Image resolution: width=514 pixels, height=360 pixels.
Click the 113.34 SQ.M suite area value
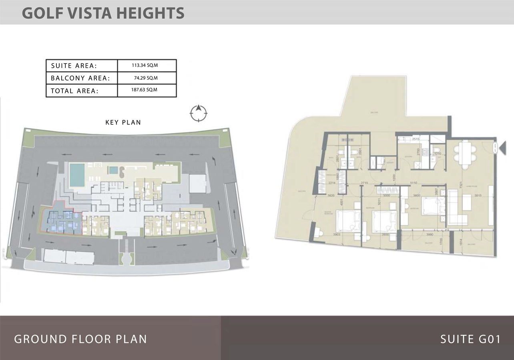click(x=147, y=65)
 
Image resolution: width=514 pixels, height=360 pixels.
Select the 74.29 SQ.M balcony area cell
click(x=147, y=78)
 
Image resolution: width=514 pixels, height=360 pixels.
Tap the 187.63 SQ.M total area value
click(x=147, y=90)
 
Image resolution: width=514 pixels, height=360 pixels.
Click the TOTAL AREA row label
click(x=74, y=91)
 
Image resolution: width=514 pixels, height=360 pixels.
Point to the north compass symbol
click(x=199, y=113)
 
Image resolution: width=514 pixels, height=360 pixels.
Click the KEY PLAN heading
click(x=123, y=122)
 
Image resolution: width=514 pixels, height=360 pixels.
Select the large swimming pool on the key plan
click(x=77, y=174)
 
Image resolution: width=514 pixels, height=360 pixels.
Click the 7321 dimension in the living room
click(x=462, y=185)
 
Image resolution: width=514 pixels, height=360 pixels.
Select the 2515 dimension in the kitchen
click(x=415, y=139)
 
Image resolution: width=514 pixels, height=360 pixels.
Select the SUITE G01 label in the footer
click(x=470, y=339)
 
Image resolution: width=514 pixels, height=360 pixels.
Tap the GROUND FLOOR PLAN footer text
click(x=80, y=339)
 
